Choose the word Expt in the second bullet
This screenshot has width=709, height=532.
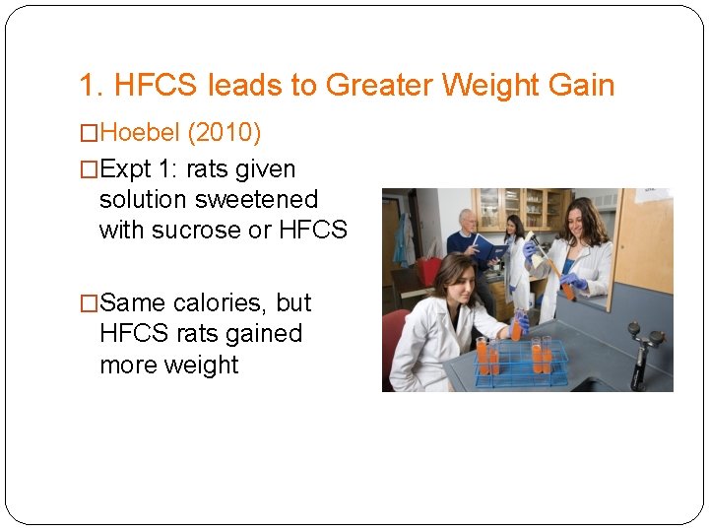(125, 168)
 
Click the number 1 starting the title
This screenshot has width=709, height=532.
(87, 86)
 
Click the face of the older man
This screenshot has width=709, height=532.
(467, 222)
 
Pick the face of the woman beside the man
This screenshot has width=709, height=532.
(514, 227)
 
